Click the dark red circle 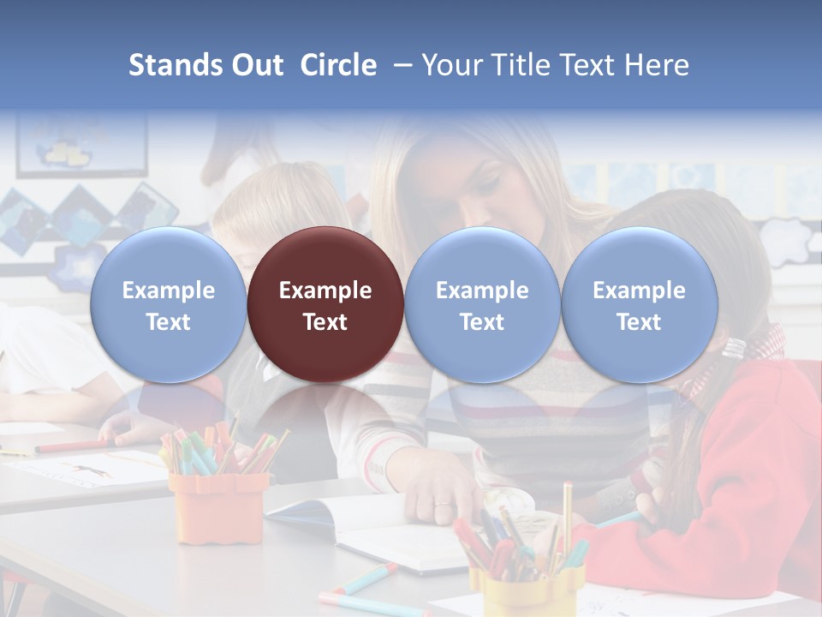point(325,305)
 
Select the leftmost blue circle point(168,305)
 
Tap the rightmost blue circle point(639,305)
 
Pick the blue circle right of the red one point(482,305)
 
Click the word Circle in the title point(338,65)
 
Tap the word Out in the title point(256,65)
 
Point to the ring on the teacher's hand point(442,506)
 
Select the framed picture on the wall point(81,146)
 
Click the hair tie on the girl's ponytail point(735,347)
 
